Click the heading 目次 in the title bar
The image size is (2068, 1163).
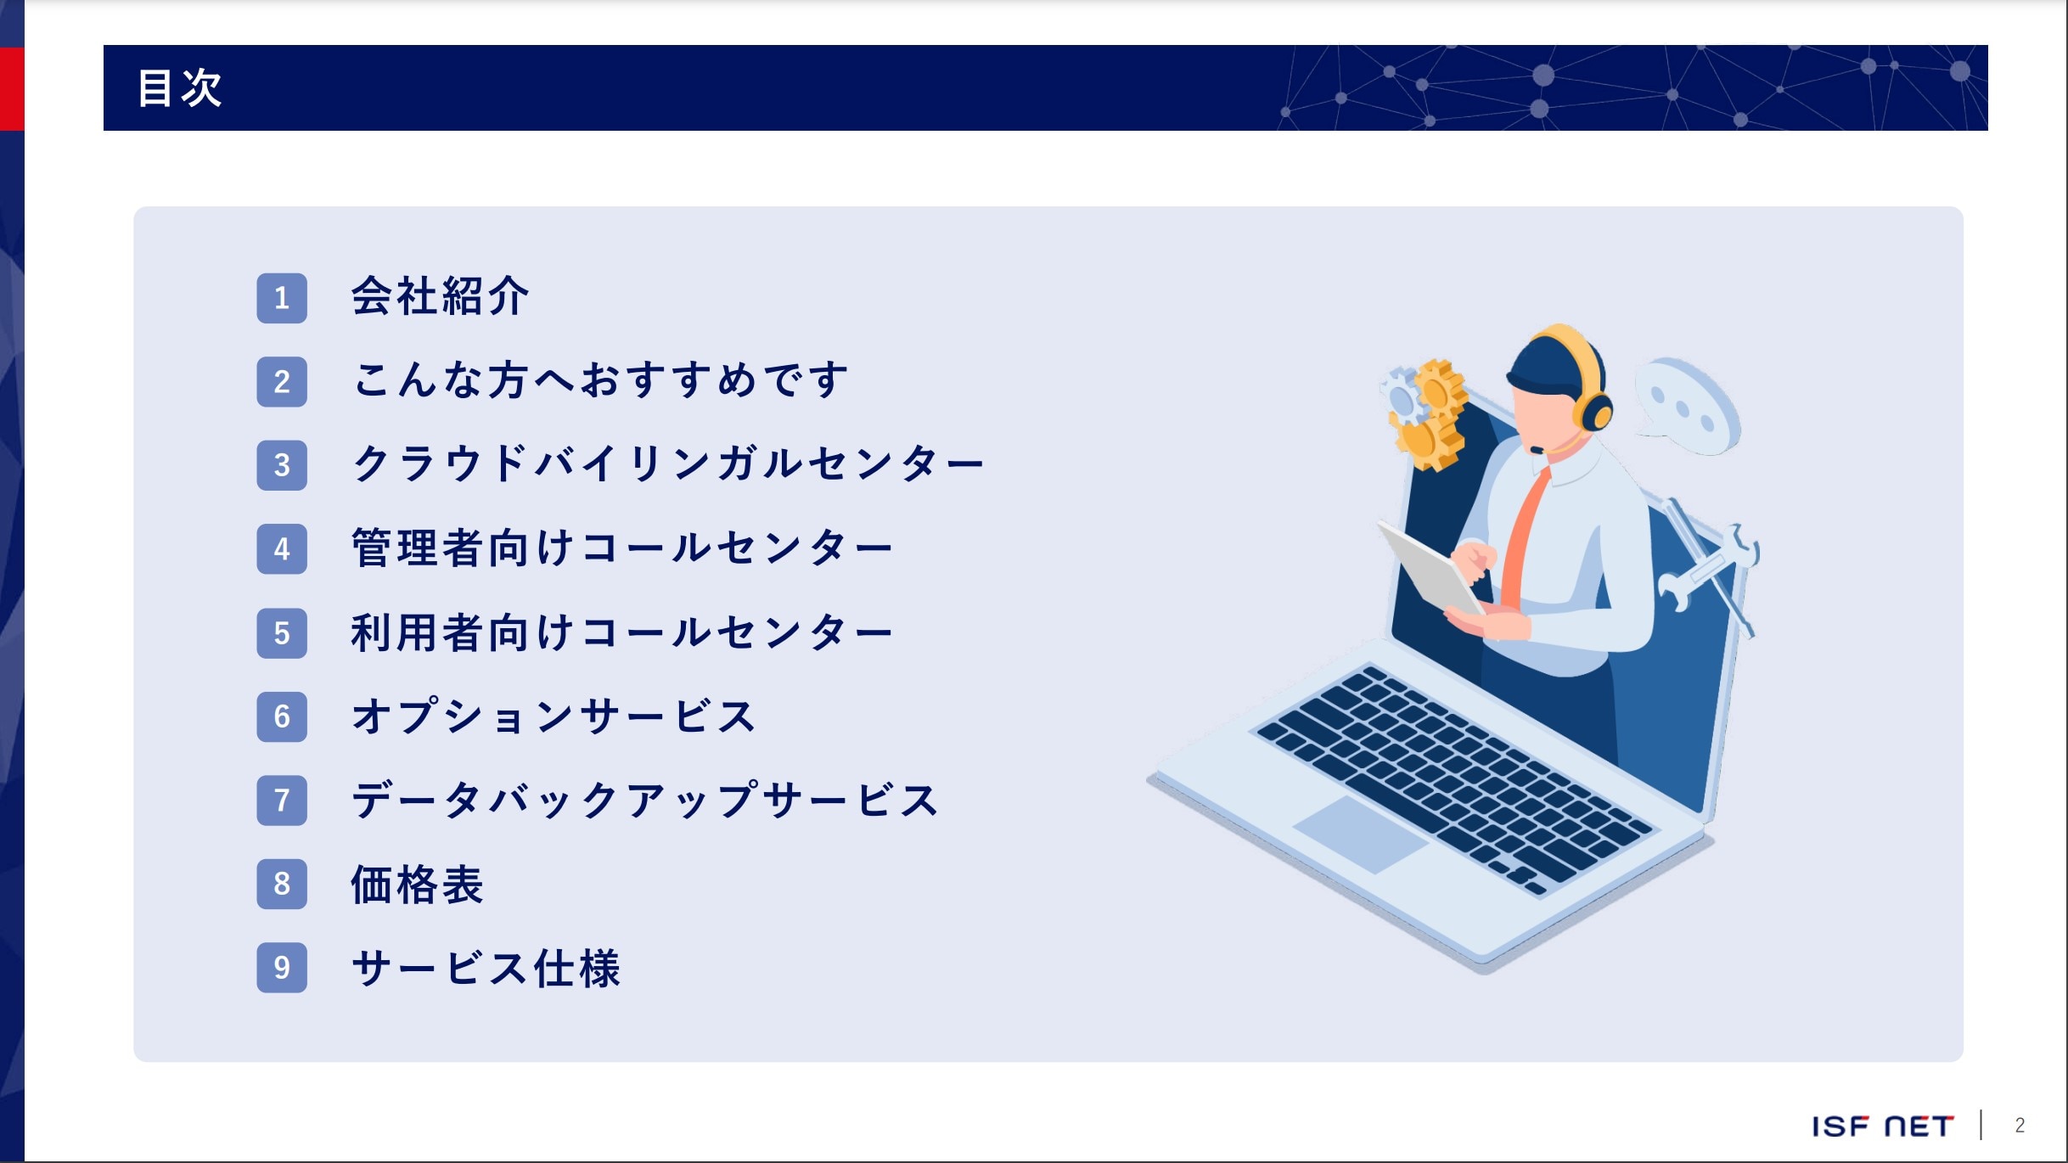click(x=180, y=87)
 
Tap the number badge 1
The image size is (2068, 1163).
click(x=282, y=298)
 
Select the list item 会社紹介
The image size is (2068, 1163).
click(x=440, y=296)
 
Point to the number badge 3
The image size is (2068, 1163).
click(x=282, y=465)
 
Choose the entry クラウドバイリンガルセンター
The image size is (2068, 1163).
click(x=668, y=464)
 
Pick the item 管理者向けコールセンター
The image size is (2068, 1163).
click(x=622, y=548)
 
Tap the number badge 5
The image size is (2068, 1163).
click(x=282, y=632)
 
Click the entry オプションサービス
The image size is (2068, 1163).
click(x=554, y=716)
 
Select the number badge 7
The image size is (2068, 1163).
click(x=282, y=800)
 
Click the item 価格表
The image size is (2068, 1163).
click(x=417, y=884)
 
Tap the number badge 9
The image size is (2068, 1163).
click(x=282, y=967)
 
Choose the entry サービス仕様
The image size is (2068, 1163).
click(x=486, y=968)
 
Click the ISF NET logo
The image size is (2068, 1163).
click(x=1883, y=1126)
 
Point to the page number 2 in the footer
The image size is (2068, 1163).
click(x=2020, y=1126)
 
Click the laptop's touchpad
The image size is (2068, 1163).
click(x=1360, y=834)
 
